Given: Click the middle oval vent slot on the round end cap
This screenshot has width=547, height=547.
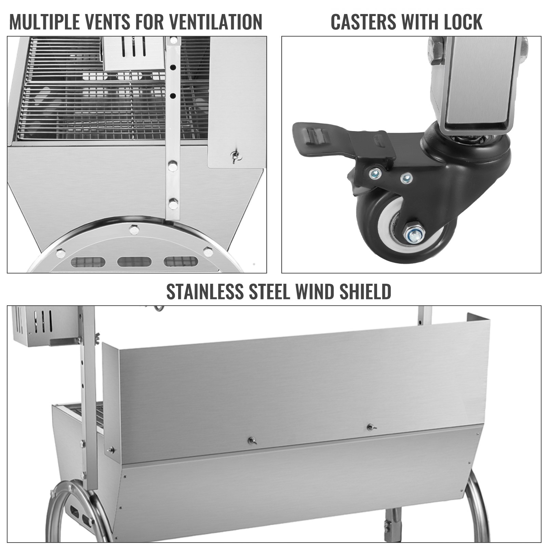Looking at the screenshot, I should tap(134, 262).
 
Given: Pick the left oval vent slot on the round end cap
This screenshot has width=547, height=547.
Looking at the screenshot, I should tap(88, 262).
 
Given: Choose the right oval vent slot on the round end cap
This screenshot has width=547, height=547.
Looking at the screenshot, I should tap(181, 262).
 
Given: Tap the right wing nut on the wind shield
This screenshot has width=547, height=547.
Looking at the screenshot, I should tap(370, 427).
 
